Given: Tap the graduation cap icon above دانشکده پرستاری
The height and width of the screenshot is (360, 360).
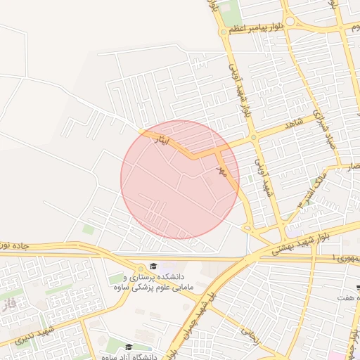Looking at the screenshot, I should pyautogui.click(x=153, y=266).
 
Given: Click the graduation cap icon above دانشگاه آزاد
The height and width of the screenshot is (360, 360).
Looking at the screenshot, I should pyautogui.click(x=128, y=347).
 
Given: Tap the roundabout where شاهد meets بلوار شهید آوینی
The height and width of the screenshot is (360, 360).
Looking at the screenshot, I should pyautogui.click(x=252, y=138).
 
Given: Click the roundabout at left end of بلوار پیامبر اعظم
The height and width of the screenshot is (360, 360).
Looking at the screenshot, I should pyautogui.click(x=224, y=31).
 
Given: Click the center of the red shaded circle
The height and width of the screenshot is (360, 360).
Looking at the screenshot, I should pyautogui.click(x=180, y=179).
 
